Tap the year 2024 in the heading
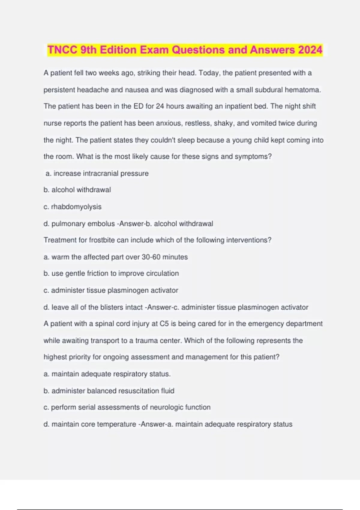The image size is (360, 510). [x=310, y=50]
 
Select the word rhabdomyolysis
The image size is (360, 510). [x=76, y=207]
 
